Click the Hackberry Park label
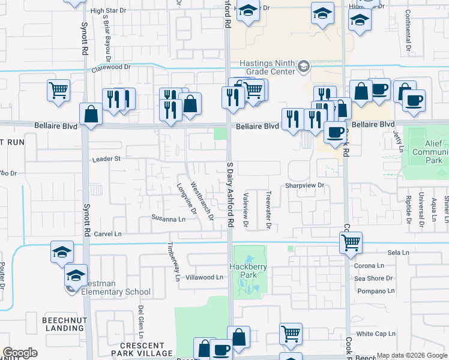coord(247,271)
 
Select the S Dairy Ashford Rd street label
coord(229,194)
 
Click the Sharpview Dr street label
coord(304,185)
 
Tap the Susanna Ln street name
coord(169,219)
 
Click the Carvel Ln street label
coord(107,233)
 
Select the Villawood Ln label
coord(204,278)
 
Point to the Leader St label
coord(107,159)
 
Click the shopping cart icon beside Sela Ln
coord(351,243)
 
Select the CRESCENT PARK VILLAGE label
coord(142,349)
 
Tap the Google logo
coord(20,353)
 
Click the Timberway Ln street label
coord(173,262)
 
